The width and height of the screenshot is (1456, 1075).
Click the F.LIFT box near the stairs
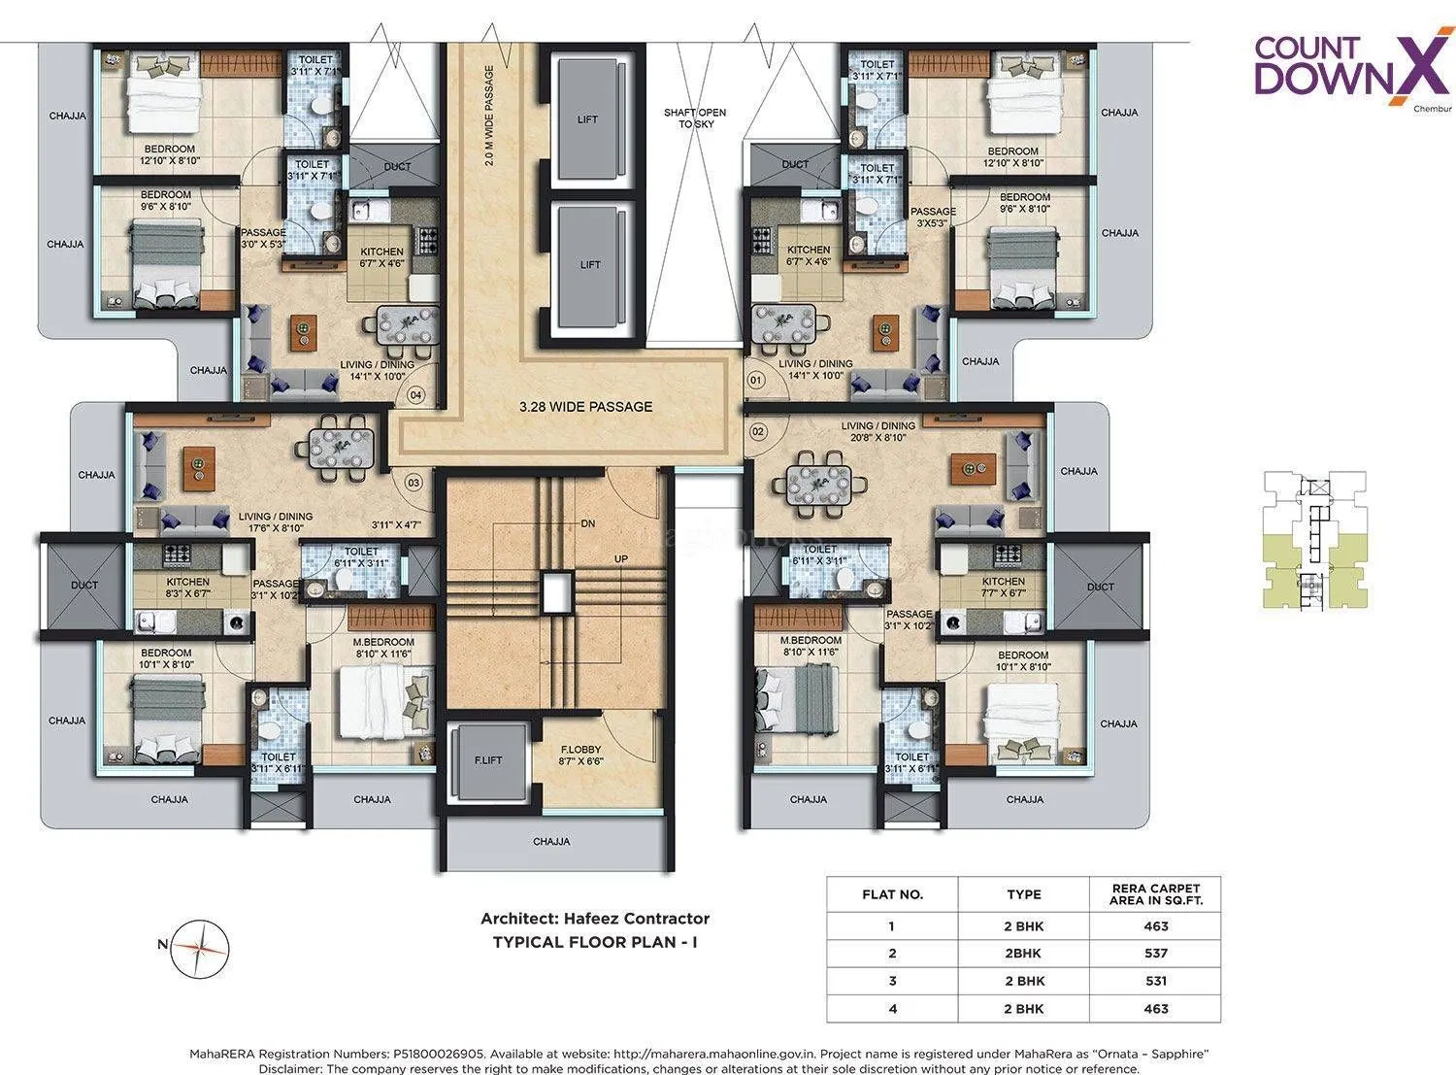[x=488, y=759]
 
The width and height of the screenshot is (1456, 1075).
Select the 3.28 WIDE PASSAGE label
[x=585, y=406]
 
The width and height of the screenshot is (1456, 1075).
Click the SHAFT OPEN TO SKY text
[x=694, y=118]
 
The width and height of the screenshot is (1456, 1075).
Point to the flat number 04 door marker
[x=415, y=395]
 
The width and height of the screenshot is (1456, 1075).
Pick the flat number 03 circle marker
[x=413, y=482]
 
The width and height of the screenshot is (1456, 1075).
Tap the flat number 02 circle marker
[x=759, y=429]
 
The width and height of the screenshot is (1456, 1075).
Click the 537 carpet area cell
[x=1155, y=953]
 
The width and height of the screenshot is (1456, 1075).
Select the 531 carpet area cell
[x=1155, y=981]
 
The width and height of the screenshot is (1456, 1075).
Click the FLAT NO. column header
[x=892, y=894]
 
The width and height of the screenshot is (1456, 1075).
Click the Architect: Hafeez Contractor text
[x=595, y=918]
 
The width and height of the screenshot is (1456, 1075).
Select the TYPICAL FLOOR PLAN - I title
[x=595, y=941]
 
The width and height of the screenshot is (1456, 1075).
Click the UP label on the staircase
[x=620, y=559]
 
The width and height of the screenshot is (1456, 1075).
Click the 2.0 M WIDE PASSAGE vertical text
[x=489, y=117]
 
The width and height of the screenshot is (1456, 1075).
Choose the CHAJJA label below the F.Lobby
[x=551, y=841]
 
